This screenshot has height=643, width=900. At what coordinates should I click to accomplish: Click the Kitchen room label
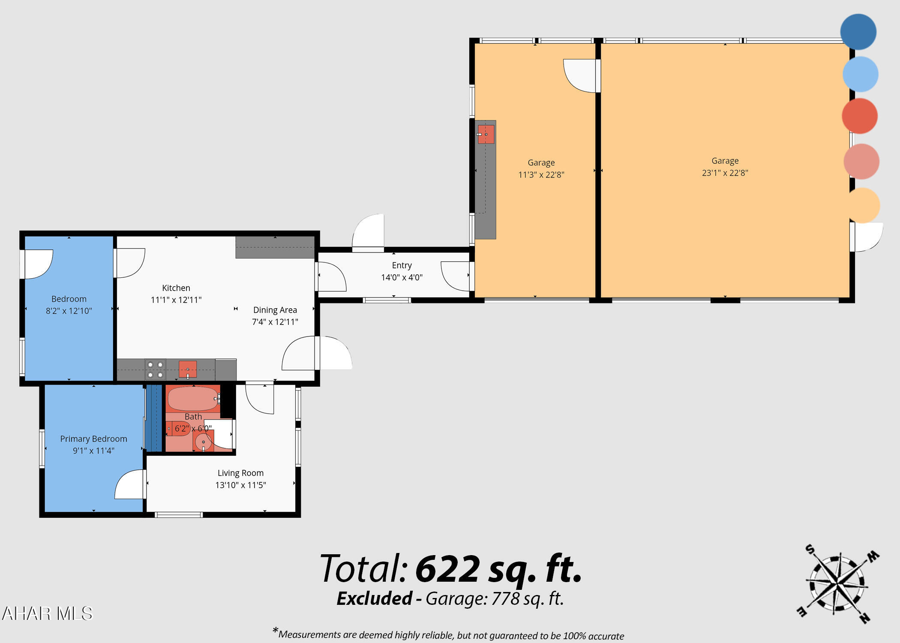(176, 288)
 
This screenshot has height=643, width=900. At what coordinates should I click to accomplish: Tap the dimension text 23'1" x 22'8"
(725, 173)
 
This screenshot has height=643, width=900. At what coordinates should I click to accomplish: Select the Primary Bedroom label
(93, 439)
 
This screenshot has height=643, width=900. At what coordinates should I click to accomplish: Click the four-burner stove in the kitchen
(155, 370)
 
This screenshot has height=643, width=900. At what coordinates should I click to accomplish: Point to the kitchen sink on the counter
(188, 369)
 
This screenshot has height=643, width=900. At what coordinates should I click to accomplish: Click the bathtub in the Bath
(193, 399)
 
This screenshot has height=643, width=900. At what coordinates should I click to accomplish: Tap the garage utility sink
(486, 134)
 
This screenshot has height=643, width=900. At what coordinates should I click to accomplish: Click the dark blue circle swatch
(858, 32)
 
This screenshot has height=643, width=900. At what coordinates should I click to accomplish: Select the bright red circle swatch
(860, 116)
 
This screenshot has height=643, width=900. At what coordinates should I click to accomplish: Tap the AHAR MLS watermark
(47, 613)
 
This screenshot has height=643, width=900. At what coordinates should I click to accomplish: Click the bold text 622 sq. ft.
(498, 569)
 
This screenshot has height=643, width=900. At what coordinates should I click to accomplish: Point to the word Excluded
(374, 598)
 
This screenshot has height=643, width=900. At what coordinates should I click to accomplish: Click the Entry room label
(402, 265)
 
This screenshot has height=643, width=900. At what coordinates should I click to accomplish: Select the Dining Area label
(275, 310)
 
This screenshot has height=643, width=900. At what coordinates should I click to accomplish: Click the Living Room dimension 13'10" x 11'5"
(240, 485)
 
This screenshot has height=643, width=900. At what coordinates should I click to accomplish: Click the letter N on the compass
(864, 618)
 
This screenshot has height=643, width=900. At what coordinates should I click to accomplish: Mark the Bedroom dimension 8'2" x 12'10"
(69, 311)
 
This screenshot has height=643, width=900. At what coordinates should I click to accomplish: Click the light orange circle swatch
(863, 205)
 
